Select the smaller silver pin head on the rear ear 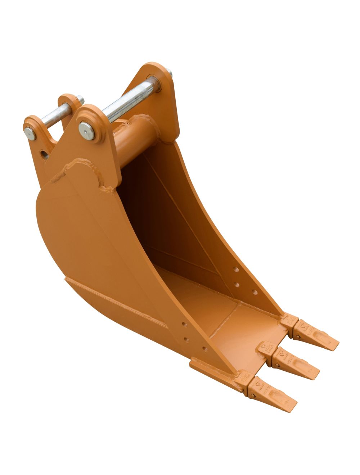click(x=30, y=134)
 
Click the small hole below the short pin click(x=44, y=154)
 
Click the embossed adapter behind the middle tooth click(x=267, y=348)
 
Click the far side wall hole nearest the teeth click(x=255, y=292)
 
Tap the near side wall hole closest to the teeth click(x=204, y=349)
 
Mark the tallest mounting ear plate click(x=158, y=97)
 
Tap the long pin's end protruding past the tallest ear click(x=170, y=74)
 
